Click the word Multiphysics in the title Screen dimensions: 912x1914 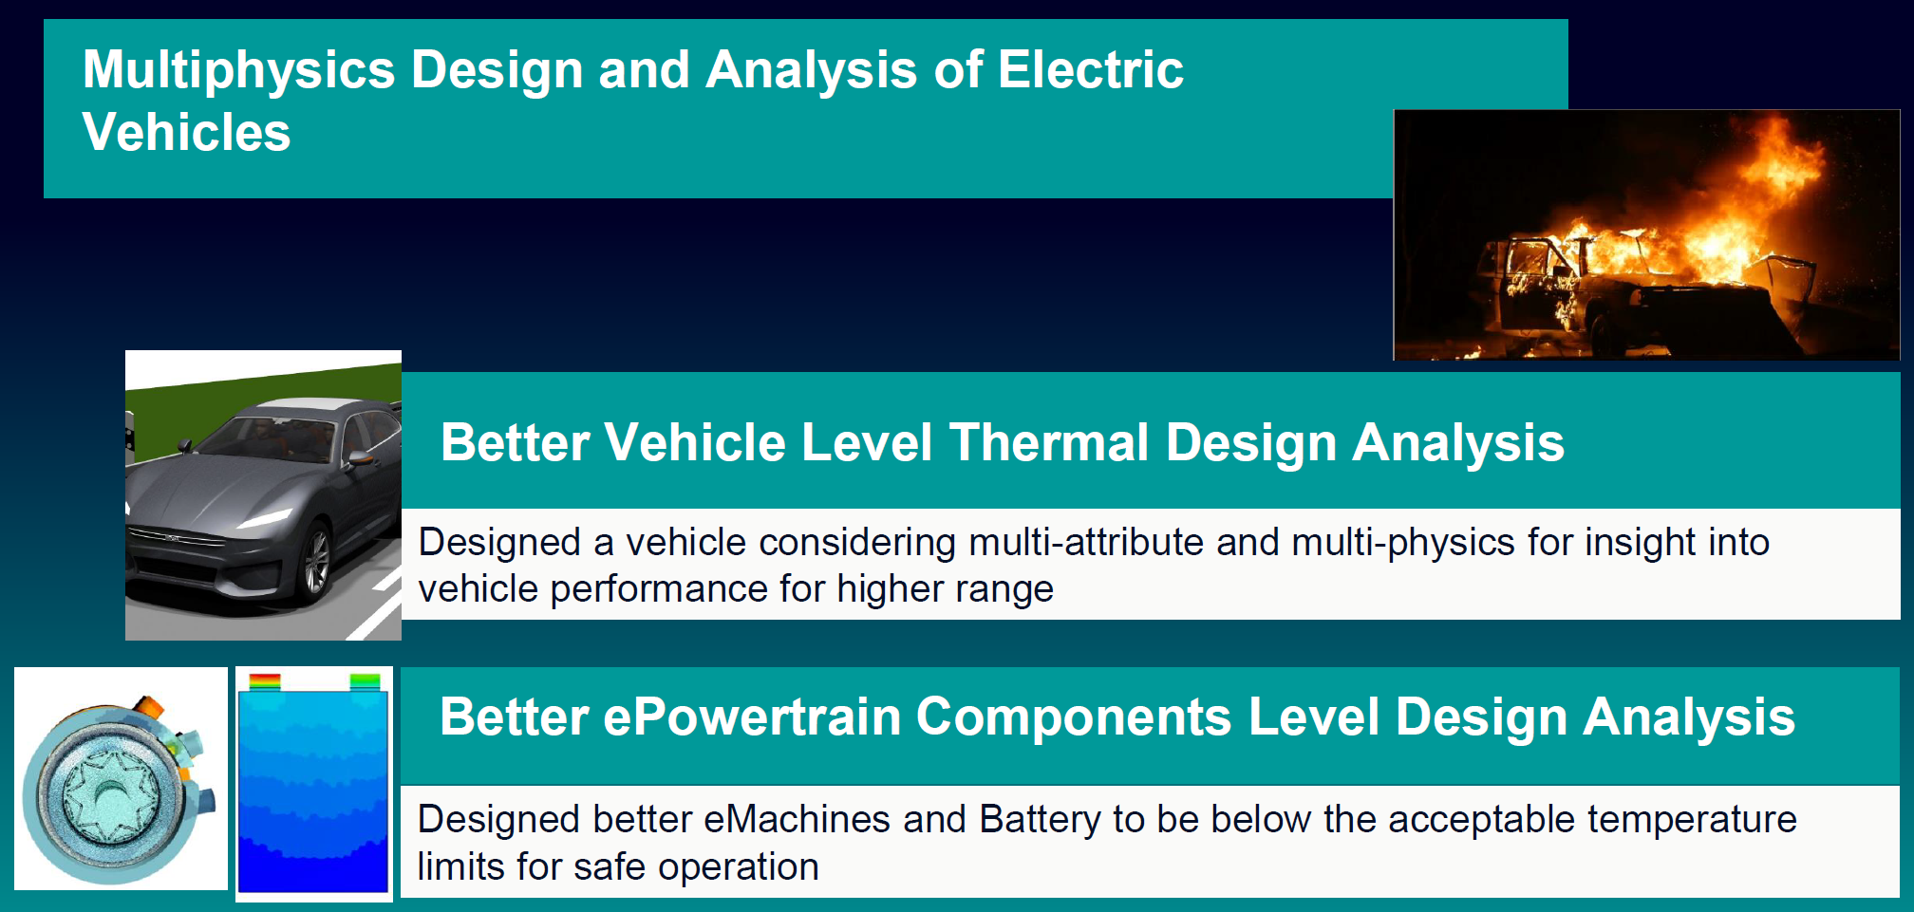238,71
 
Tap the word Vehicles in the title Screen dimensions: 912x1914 186,133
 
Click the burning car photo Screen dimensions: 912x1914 1646,234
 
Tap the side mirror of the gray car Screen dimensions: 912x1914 360,459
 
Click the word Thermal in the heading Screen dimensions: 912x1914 1049,443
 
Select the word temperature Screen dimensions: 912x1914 1692,820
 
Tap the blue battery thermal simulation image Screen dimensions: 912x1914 313,788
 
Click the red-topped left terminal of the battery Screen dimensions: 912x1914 265,681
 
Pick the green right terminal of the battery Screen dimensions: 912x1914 366,681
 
